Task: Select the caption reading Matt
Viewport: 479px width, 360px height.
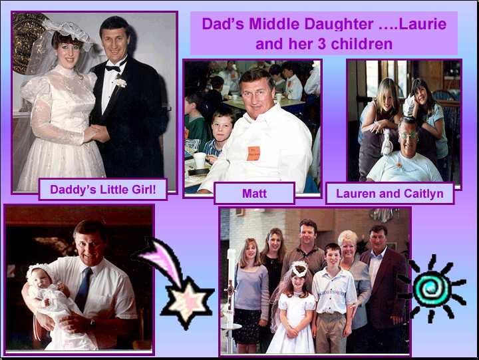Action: tap(254, 194)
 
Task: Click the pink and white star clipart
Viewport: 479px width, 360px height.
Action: tap(187, 303)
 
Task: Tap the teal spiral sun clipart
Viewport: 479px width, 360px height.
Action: tap(432, 289)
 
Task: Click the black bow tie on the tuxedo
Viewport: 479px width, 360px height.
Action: tap(113, 69)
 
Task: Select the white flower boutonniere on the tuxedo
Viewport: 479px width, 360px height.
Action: tap(120, 82)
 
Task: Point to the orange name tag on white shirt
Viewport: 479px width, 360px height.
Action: tap(253, 154)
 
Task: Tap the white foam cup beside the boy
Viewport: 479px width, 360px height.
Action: tap(199, 160)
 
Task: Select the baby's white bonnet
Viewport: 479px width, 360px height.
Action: tap(39, 271)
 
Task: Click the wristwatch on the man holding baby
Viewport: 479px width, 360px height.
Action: tap(92, 323)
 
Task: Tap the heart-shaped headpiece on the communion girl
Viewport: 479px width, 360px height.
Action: tap(299, 270)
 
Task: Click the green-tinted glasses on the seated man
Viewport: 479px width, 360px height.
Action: tap(408, 135)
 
